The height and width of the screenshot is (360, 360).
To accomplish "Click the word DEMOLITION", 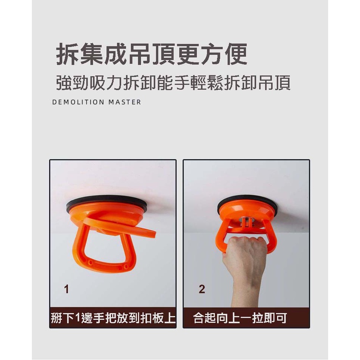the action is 78,102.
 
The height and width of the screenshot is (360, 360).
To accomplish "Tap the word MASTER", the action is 125,102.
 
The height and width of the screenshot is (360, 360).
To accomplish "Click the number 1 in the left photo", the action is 67,289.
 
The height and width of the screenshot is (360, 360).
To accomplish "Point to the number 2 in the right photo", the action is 202,289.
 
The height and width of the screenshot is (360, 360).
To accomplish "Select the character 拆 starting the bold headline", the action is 67,54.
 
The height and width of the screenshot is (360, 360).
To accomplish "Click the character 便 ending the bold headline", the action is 236,54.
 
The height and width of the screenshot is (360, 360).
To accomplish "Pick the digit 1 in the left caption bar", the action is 77,318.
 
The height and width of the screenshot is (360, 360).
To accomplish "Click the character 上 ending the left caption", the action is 170,318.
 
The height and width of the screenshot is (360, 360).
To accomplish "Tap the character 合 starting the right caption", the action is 199,318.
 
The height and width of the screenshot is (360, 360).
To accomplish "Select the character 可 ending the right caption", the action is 282,318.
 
